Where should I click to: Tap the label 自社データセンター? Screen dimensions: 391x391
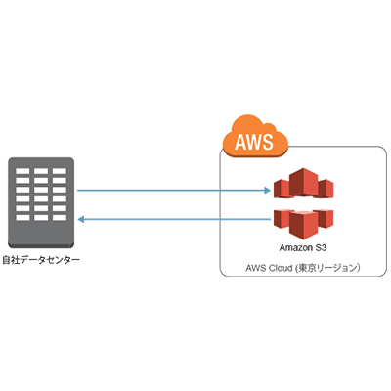40,260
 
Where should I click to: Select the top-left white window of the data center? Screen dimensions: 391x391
24,173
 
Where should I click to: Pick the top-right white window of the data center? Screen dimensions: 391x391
59,173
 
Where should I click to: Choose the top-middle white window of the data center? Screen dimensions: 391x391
42,173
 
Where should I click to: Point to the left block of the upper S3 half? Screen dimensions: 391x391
282,188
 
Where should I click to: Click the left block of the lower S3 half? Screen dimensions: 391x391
282,216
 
